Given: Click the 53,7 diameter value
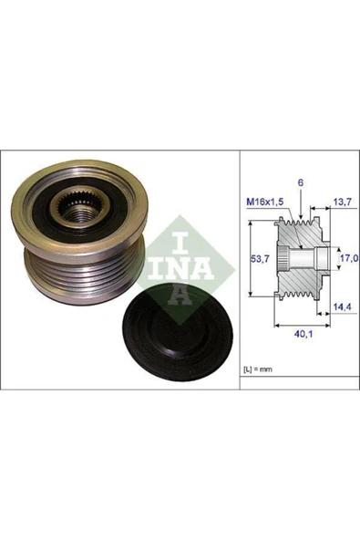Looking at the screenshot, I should pyautogui.click(x=260, y=260).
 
